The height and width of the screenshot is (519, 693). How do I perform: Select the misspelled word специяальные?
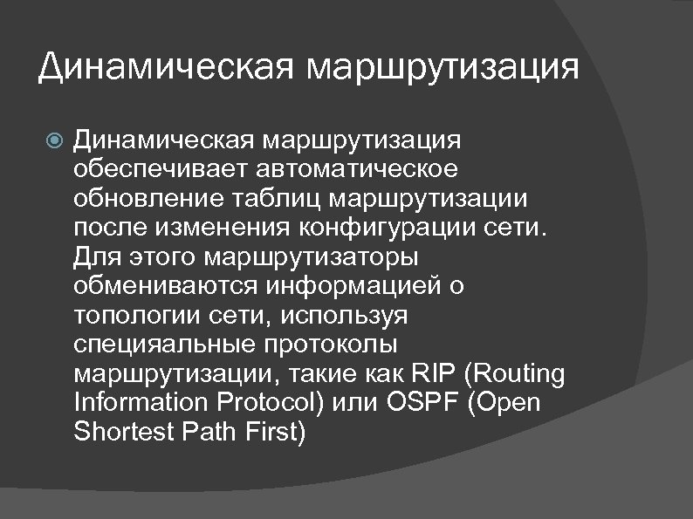tap(161, 346)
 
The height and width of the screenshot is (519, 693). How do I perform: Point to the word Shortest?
tap(127, 434)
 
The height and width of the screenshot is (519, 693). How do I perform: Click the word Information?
tap(143, 405)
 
